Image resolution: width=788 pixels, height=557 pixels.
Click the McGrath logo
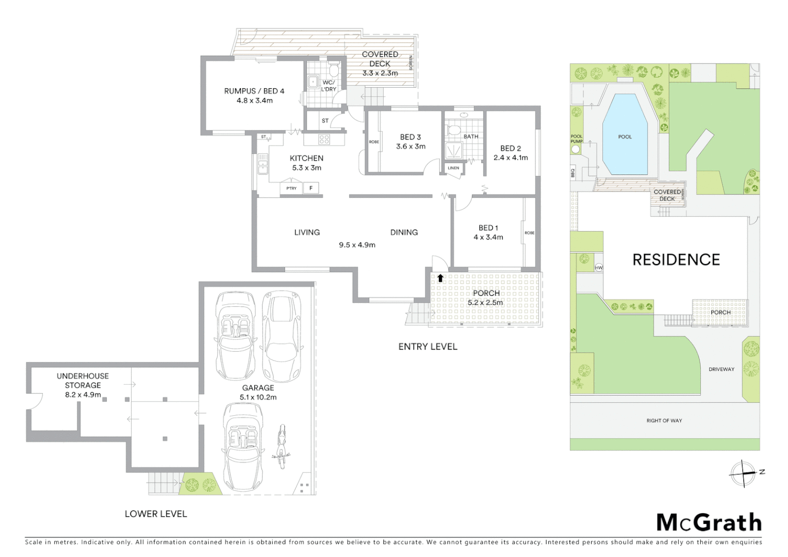(x=709, y=522)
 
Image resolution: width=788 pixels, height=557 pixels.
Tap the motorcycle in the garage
(x=282, y=446)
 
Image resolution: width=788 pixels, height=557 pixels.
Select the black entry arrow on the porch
(x=440, y=278)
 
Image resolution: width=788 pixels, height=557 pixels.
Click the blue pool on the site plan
(x=625, y=136)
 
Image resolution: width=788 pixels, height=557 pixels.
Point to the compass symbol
(x=743, y=473)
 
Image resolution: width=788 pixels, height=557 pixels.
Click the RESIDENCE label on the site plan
(x=676, y=259)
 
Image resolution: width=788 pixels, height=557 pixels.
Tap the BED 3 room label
(x=411, y=137)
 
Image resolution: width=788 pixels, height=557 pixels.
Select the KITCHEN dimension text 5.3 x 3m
(x=307, y=168)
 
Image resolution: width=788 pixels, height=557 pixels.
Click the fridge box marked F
(x=311, y=188)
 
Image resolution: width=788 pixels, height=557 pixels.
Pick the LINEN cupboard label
(x=453, y=168)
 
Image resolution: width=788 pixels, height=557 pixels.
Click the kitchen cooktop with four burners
(x=324, y=139)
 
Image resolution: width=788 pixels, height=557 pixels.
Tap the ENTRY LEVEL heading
(x=428, y=347)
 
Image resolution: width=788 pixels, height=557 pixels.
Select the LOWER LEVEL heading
(x=156, y=514)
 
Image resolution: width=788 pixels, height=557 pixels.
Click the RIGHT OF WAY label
(x=664, y=421)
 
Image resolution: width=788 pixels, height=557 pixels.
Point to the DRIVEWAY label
(x=721, y=369)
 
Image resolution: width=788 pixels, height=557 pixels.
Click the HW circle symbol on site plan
(x=599, y=268)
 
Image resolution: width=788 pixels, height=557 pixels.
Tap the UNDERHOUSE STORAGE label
(x=83, y=381)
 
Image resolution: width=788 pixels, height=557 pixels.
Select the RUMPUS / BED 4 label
(x=254, y=91)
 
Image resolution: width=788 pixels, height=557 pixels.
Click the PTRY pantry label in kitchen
(x=291, y=188)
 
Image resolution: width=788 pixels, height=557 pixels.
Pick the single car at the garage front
(x=242, y=446)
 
